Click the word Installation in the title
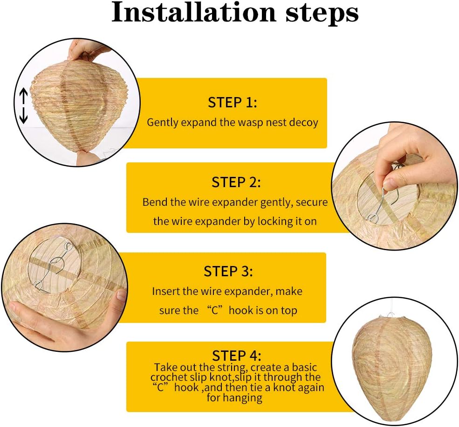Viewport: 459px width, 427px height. (x=193, y=12)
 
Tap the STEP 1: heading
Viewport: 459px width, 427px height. (x=233, y=103)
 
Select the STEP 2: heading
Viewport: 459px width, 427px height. (x=236, y=182)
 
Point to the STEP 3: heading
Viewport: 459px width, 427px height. (x=228, y=272)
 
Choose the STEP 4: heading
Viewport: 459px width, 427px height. (x=237, y=356)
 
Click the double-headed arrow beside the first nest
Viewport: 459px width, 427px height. (x=23, y=106)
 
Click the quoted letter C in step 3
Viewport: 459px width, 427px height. (x=215, y=310)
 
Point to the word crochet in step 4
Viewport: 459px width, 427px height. (x=169, y=377)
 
